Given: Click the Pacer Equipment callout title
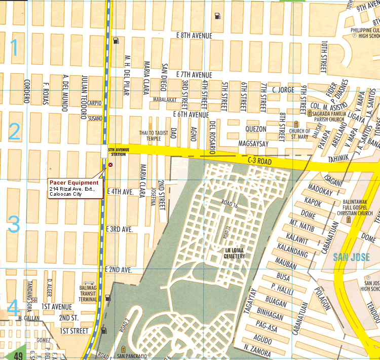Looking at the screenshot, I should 74,183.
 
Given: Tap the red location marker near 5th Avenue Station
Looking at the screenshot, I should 110,165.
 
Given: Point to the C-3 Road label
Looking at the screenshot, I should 260,161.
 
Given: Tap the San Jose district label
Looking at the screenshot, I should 349,257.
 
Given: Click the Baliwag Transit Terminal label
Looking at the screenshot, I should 89,293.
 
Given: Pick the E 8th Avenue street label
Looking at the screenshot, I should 194,35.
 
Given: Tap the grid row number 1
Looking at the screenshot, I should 14,48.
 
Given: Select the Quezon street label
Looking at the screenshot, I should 255,129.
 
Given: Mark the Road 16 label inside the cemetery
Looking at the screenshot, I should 229,206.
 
